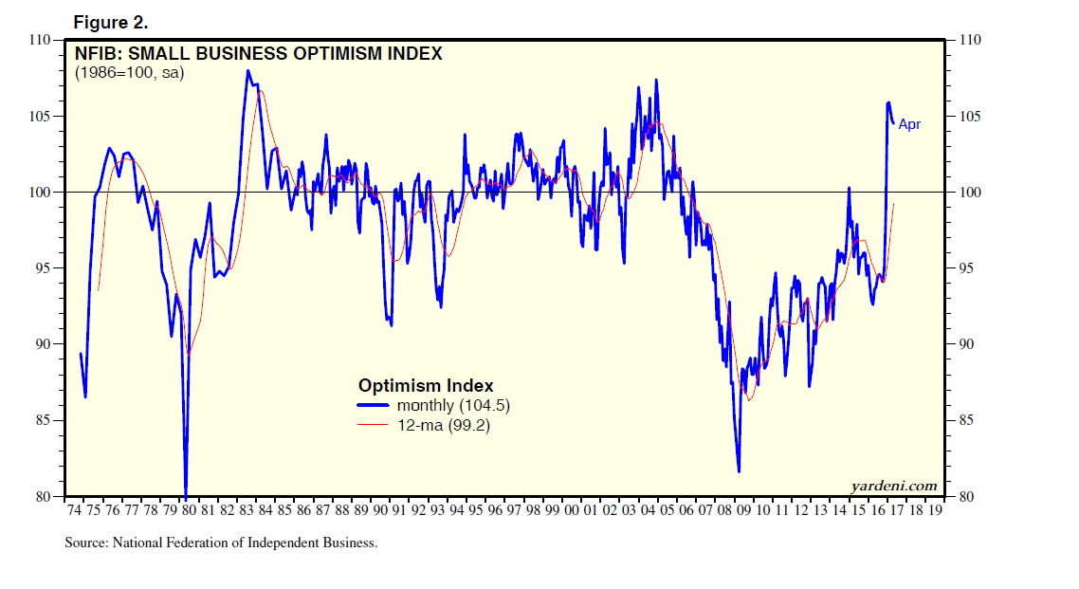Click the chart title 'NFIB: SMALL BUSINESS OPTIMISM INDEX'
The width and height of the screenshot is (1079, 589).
(x=258, y=54)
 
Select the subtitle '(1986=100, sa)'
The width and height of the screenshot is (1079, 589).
(x=129, y=72)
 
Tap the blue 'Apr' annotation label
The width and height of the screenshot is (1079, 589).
(x=909, y=124)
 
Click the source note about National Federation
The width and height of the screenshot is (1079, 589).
(x=221, y=543)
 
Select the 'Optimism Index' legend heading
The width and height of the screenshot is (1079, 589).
(x=426, y=386)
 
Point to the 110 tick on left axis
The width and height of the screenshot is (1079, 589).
(x=39, y=40)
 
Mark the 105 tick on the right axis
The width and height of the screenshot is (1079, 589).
(x=968, y=117)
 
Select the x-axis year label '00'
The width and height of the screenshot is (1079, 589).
(x=571, y=510)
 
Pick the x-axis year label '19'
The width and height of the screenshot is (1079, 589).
(x=935, y=510)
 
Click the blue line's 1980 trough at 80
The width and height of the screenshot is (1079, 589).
(x=186, y=493)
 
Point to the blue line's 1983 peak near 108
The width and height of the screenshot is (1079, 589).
(x=247, y=71)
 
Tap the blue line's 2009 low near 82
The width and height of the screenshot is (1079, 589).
(x=739, y=470)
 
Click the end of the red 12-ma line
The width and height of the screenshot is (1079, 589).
(x=894, y=205)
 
